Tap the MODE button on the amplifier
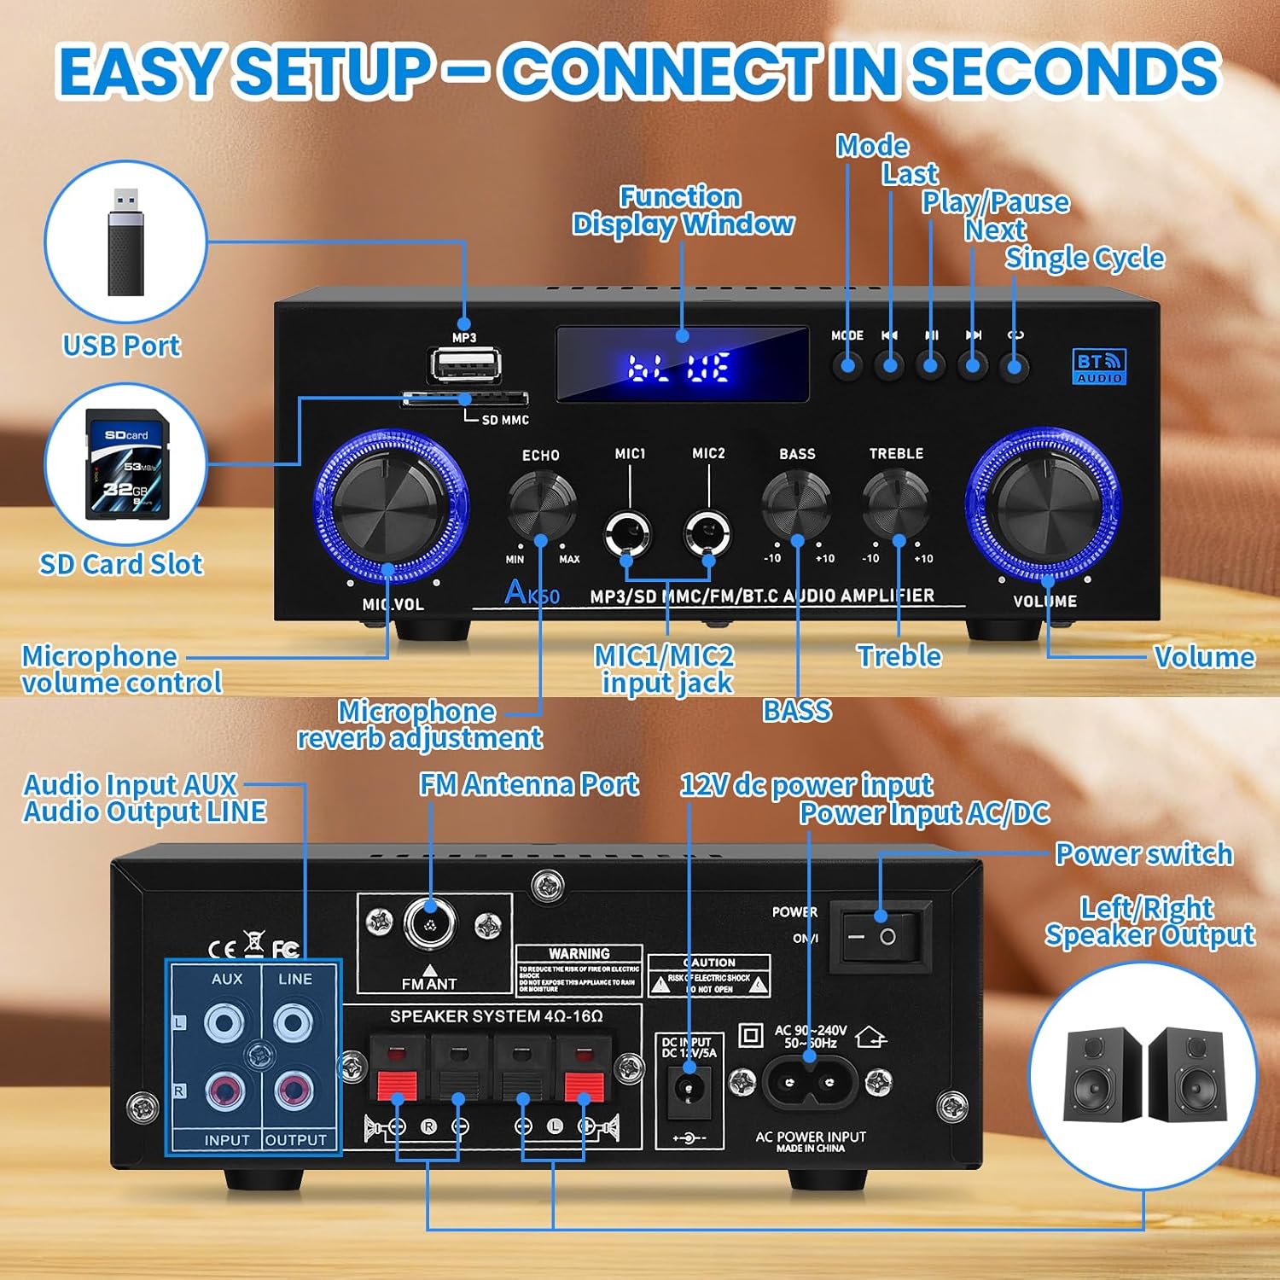click(847, 366)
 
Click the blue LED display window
click(682, 364)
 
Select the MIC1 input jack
click(628, 533)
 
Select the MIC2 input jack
click(707, 533)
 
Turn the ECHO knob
click(542, 503)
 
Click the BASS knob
click(796, 503)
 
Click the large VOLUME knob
click(1043, 505)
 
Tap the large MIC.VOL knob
click(391, 505)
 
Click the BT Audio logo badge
click(1099, 367)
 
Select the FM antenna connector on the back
click(430, 923)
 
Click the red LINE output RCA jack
click(293, 1090)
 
